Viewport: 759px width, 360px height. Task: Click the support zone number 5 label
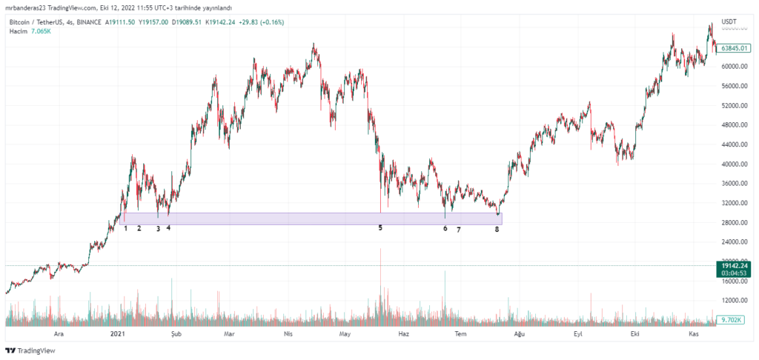tap(380, 227)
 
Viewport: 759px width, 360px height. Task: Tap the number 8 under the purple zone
tap(497, 229)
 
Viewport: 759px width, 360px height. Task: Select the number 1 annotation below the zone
tap(126, 228)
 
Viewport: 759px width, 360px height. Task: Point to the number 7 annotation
tap(458, 230)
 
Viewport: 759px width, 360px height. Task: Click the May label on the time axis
tap(344, 334)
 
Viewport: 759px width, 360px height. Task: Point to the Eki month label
tap(634, 334)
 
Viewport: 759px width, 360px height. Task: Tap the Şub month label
tap(176, 334)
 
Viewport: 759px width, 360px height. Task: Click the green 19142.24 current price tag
tap(734, 264)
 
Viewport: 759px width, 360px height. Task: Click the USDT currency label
tap(731, 22)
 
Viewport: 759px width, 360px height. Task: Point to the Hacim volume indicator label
tap(19, 32)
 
